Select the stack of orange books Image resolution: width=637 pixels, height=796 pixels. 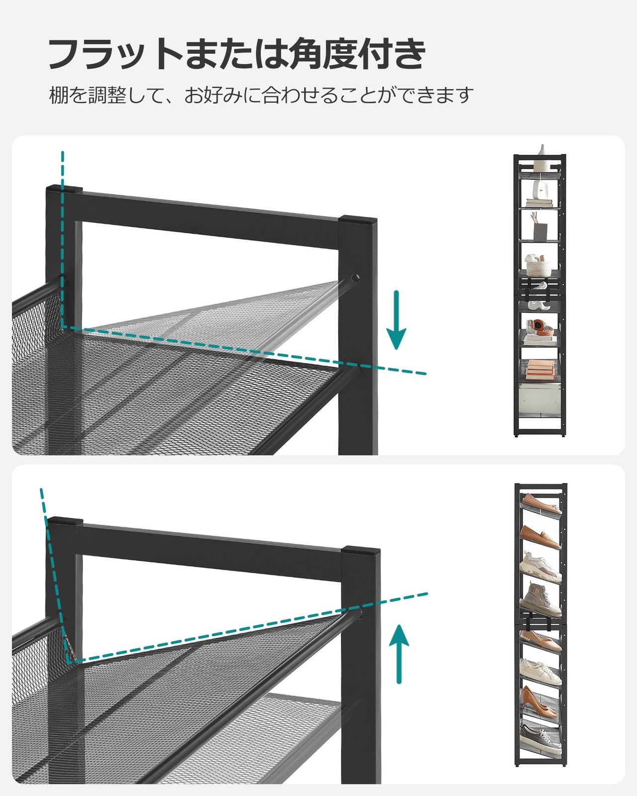click(x=540, y=367)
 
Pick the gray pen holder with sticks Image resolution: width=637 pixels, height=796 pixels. click(x=539, y=230)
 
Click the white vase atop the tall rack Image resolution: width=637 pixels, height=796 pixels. click(x=542, y=151)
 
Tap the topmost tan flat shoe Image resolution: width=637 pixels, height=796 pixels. click(x=540, y=503)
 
